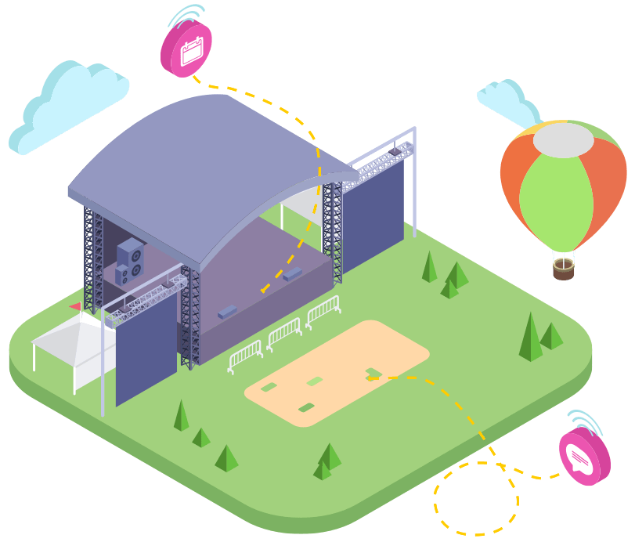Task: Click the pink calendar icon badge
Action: [186, 49]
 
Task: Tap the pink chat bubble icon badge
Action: [584, 457]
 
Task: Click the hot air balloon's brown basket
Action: [563, 270]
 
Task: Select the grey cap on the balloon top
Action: [563, 140]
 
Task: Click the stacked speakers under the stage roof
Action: [130, 261]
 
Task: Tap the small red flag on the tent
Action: [76, 306]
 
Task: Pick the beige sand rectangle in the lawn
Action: [337, 372]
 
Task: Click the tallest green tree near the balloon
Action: [530, 338]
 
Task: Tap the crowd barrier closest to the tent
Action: [246, 356]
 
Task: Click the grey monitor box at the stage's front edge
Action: [227, 312]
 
